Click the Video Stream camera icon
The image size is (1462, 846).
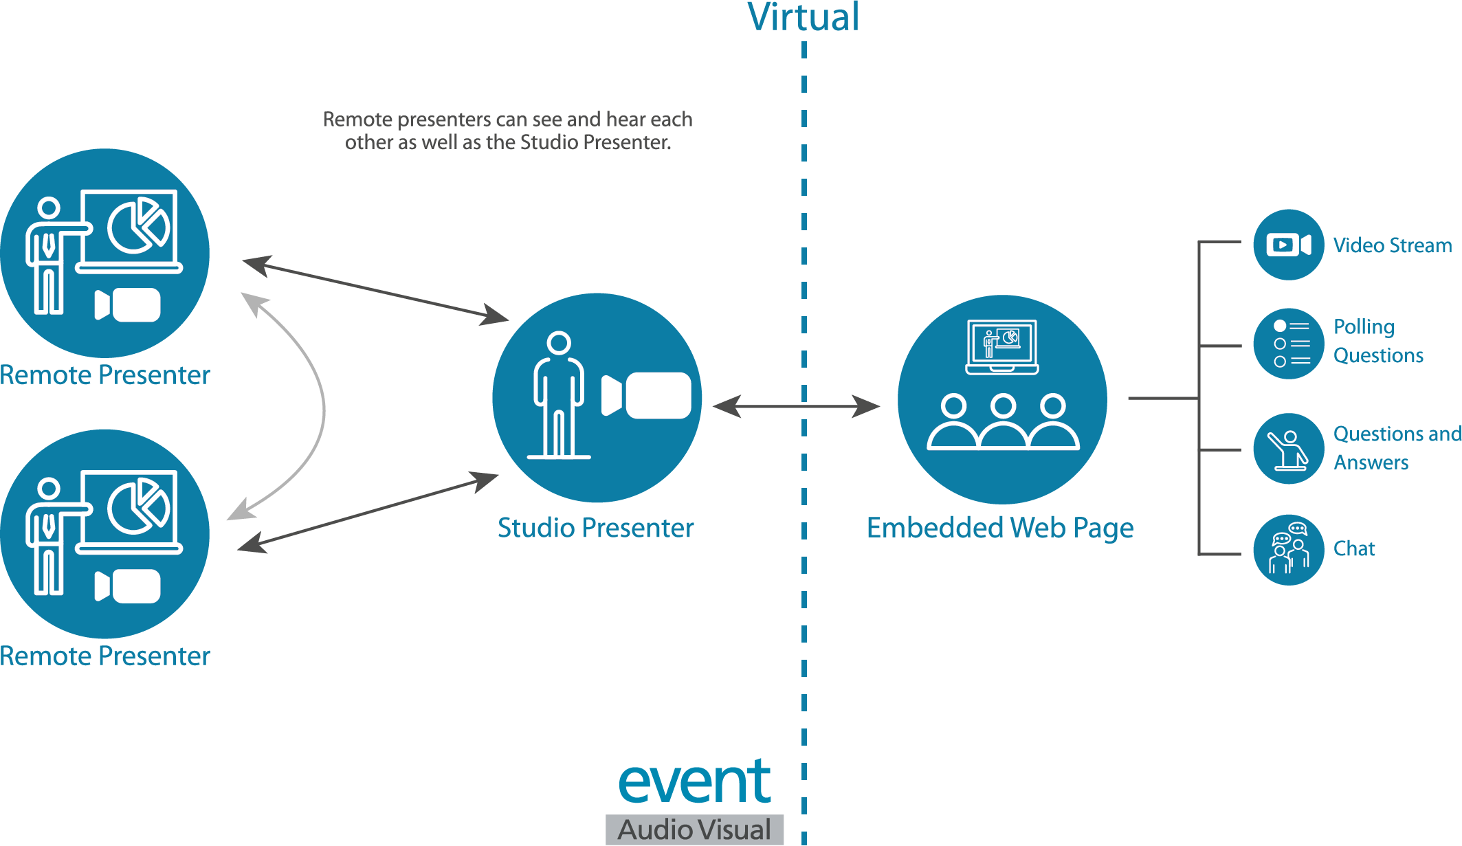tap(1288, 245)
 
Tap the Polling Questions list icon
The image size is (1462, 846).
tap(1288, 343)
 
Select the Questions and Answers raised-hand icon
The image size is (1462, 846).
tap(1288, 449)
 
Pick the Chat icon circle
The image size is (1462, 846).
tap(1288, 550)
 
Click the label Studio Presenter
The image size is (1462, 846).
tap(595, 528)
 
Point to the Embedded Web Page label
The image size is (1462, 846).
tap(999, 528)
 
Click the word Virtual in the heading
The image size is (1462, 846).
tap(803, 18)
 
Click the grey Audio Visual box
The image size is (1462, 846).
tap(694, 830)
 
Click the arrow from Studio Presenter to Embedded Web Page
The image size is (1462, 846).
tap(796, 406)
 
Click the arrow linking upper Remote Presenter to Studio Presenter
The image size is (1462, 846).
tap(375, 289)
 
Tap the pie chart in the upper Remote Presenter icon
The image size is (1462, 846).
tap(137, 226)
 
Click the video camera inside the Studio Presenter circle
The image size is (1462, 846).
tap(646, 395)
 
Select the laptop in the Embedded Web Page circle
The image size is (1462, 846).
tap(1001, 346)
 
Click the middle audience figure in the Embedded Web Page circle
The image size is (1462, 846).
tap(1003, 423)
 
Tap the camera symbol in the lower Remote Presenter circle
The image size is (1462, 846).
tap(128, 586)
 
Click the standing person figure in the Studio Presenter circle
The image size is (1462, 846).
tap(559, 395)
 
